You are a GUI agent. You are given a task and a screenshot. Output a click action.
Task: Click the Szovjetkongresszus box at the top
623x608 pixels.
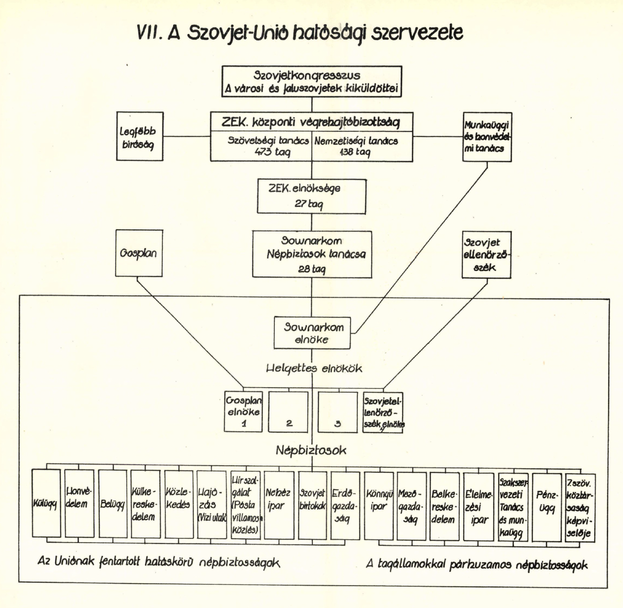point(311,82)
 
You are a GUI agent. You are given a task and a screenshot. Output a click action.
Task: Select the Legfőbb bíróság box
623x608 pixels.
point(139,137)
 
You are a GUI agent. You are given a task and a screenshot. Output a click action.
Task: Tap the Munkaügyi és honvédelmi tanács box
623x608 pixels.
point(487,137)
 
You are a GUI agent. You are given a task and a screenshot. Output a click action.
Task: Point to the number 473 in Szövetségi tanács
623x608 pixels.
point(263,152)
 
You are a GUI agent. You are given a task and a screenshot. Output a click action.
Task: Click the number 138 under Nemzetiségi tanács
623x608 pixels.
point(346,152)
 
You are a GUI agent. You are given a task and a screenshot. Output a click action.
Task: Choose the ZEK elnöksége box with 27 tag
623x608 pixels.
point(311,196)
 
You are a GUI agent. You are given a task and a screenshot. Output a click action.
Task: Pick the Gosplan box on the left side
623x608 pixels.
point(139,253)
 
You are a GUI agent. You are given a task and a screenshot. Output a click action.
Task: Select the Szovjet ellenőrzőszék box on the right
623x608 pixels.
point(487,255)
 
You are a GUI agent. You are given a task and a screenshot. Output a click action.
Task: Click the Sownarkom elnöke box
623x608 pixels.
point(311,333)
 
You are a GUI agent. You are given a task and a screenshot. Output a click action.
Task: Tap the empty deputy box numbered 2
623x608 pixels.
point(289,412)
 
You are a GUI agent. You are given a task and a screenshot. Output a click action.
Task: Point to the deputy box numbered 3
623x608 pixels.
point(337,412)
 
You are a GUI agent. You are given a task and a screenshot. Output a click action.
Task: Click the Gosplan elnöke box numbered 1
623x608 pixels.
point(243,412)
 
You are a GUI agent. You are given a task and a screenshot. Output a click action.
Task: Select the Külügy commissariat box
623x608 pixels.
point(46,504)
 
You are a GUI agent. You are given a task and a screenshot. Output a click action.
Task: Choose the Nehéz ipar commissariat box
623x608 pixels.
point(279,505)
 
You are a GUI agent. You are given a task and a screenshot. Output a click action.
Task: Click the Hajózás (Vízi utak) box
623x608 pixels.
point(212,505)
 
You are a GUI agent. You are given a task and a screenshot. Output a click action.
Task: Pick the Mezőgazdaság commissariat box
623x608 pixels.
point(411,506)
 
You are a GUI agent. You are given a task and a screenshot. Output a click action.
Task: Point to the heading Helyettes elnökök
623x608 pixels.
point(314,369)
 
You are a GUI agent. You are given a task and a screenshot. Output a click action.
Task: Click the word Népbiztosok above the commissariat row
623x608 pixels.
point(311,450)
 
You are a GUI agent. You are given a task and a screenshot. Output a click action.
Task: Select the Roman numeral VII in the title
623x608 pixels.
point(149,33)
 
